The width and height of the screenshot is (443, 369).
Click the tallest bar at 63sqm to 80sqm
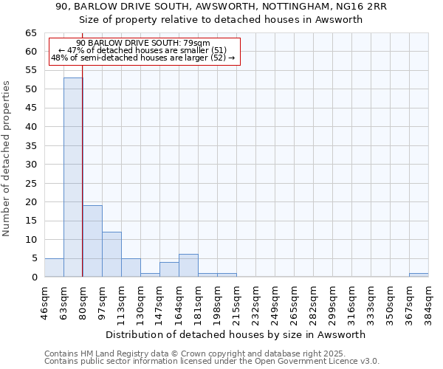tap(73, 177)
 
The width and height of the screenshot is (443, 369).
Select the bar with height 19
tap(92, 241)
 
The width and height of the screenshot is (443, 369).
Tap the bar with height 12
tap(111, 255)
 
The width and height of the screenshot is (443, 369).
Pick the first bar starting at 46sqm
tap(54, 268)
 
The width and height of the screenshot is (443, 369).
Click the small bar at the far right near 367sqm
tap(419, 275)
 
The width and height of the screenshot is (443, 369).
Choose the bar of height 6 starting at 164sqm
tap(188, 266)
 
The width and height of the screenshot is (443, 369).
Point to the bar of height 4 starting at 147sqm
tap(169, 269)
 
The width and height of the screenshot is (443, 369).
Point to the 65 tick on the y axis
tap(31, 33)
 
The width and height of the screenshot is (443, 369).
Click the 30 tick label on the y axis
tap(31, 165)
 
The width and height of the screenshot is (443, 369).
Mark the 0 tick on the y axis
tap(34, 277)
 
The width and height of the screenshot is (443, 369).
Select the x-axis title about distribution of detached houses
tap(236, 334)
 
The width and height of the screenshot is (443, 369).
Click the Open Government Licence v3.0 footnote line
tap(212, 362)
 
